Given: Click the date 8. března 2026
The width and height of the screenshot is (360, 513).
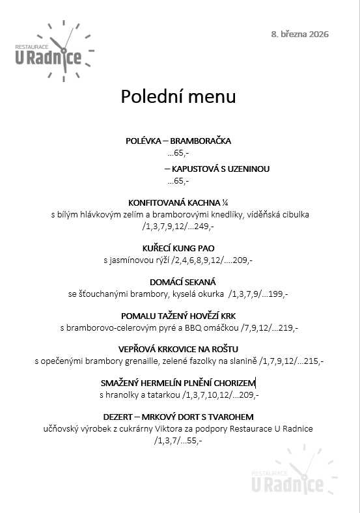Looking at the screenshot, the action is (299, 34).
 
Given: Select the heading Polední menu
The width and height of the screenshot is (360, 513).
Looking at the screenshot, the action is (178, 97).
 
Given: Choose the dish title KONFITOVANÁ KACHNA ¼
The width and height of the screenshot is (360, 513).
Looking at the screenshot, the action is (178, 202).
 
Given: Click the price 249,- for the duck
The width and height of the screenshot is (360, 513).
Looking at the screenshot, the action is (204, 226).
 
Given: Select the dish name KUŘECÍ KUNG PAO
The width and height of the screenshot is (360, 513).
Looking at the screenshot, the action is (178, 248).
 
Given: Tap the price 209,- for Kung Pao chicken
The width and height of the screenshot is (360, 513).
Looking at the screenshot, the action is (243, 260).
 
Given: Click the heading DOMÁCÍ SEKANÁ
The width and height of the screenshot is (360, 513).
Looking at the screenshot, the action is (178, 282).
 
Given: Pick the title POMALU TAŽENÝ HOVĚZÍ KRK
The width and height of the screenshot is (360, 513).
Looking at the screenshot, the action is (178, 316).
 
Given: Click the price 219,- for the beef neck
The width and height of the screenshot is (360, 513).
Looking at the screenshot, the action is (288, 327).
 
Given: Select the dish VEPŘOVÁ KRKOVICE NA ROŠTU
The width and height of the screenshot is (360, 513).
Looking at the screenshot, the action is (178, 350).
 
